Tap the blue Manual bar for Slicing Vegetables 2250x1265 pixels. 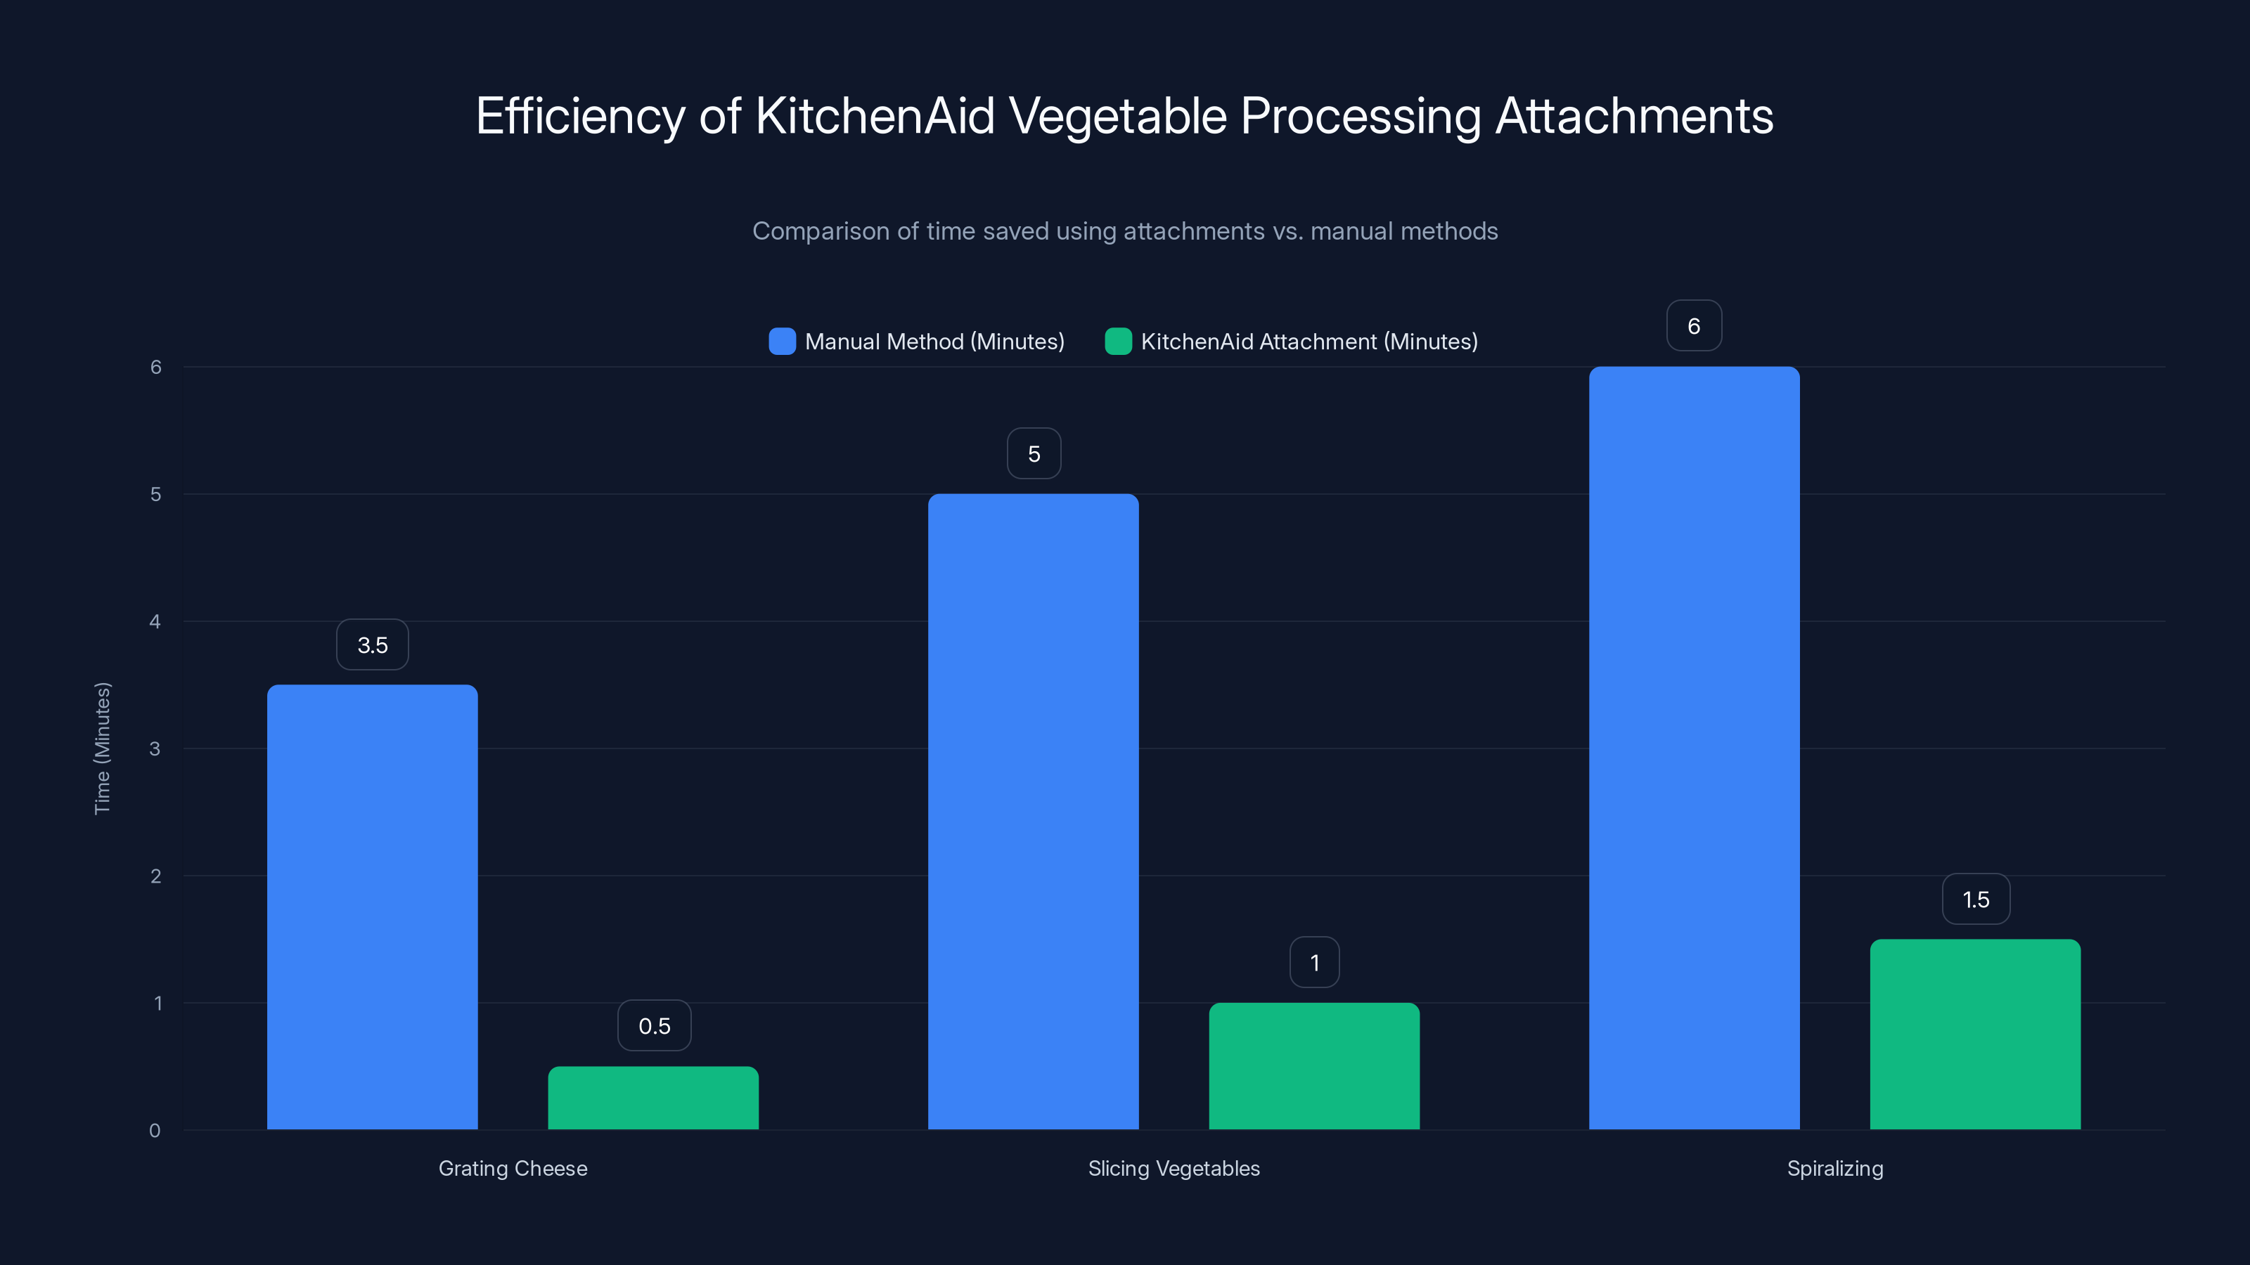(1034, 811)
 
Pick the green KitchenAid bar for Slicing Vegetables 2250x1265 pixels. (1313, 1066)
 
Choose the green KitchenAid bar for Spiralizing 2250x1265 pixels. (1975, 1034)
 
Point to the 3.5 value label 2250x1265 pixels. (372, 645)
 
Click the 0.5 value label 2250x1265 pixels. (654, 1026)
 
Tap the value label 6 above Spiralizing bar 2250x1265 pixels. (1694, 325)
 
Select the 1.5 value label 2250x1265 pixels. (1976, 900)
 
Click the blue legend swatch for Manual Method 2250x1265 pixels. (782, 342)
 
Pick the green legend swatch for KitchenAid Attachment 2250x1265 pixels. (1118, 342)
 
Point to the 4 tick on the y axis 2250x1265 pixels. (155, 621)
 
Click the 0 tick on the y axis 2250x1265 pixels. (155, 1131)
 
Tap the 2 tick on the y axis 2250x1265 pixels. (155, 876)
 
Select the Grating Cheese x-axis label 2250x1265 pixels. (513, 1168)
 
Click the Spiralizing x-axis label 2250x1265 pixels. (1835, 1168)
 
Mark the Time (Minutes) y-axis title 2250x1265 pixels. (102, 748)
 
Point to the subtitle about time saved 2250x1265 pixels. (1125, 231)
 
